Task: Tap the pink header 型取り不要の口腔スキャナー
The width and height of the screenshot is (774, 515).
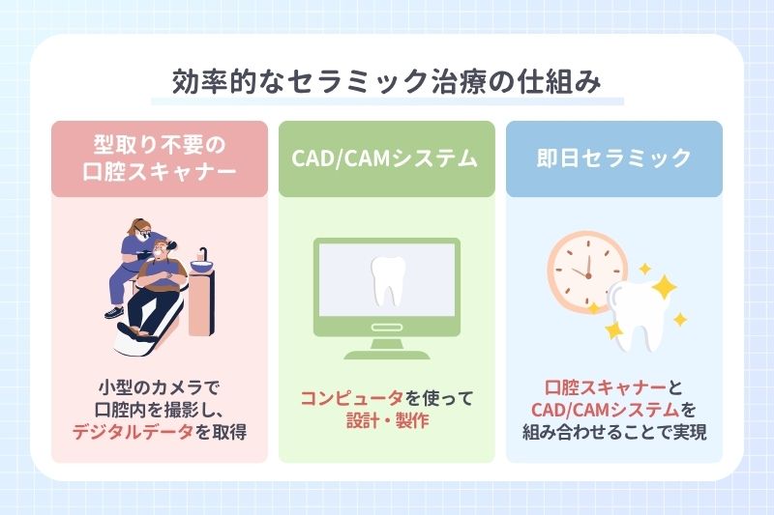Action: [x=159, y=159]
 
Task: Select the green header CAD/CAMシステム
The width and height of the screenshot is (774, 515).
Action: [x=386, y=159]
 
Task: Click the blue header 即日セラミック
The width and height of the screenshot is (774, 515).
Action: [x=613, y=159]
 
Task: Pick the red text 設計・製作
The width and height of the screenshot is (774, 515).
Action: [x=386, y=421]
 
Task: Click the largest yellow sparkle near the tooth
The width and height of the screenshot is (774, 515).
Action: [x=664, y=286]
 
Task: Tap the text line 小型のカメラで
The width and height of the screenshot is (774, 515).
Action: [x=159, y=386]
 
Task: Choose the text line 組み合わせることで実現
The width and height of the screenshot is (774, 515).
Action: [x=613, y=432]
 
